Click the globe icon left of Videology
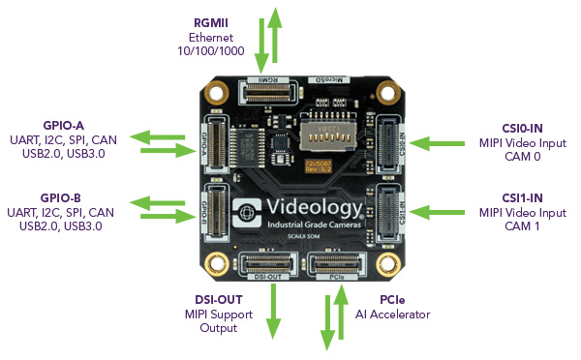point(247,212)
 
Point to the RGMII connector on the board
point(269,92)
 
